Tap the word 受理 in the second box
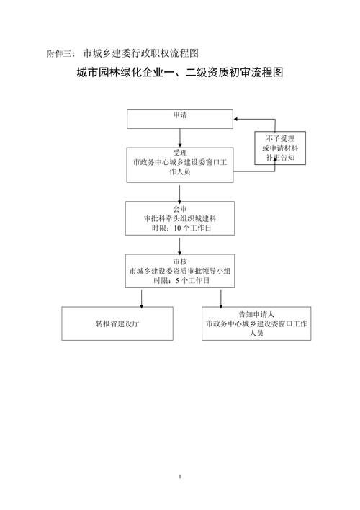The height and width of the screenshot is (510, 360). (x=180, y=153)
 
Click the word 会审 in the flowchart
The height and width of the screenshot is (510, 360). (x=180, y=208)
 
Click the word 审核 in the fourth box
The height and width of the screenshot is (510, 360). (x=180, y=261)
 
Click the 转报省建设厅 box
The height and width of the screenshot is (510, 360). (x=117, y=324)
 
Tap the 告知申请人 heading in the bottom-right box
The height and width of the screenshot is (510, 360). (x=256, y=315)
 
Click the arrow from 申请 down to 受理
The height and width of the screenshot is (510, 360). (x=180, y=138)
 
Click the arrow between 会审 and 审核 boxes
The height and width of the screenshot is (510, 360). (x=180, y=244)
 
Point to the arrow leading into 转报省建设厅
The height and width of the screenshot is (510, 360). (x=141, y=297)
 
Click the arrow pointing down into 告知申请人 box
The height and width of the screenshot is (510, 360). (x=222, y=297)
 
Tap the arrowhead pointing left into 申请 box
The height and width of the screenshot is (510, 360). (x=238, y=120)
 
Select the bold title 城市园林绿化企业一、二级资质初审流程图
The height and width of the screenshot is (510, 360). (x=180, y=73)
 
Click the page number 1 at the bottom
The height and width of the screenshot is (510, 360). (x=180, y=477)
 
